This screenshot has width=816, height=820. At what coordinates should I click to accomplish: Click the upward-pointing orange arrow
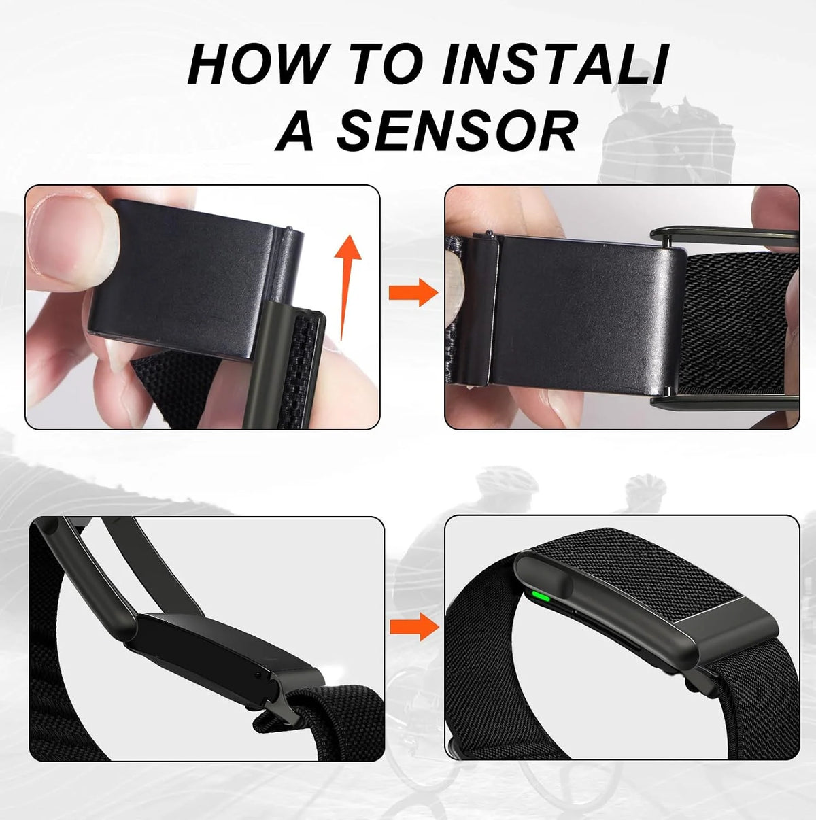coord(347,287)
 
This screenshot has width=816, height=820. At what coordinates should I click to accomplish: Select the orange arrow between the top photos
coord(413,293)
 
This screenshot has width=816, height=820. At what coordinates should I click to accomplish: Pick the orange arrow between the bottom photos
coord(414,626)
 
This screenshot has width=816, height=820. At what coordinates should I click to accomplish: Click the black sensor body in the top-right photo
coord(585,313)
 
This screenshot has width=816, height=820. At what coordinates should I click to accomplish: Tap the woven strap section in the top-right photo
coord(736,324)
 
